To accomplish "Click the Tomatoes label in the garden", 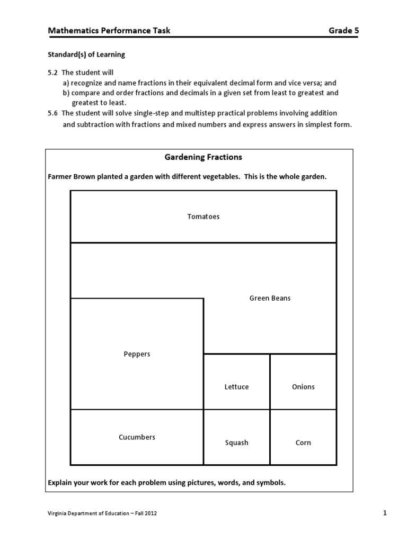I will [x=203, y=216].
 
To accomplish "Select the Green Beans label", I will [x=270, y=298].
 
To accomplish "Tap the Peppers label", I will [x=137, y=354].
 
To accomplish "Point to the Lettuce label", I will [x=236, y=387].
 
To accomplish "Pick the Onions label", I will [x=303, y=387].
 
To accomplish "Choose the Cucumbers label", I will [x=137, y=437].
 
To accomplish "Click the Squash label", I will [x=236, y=443].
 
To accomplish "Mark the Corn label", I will [x=303, y=443].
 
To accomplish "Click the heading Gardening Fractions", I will [x=203, y=157].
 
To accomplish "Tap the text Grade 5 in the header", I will [x=343, y=31].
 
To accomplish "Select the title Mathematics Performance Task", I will [x=109, y=31].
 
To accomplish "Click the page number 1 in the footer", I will [x=385, y=513].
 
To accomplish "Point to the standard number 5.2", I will [x=53, y=73].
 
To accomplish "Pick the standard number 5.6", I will [x=53, y=113].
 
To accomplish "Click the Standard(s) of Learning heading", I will [x=86, y=55].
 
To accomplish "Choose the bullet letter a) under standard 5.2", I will [x=66, y=83].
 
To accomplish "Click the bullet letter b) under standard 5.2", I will [x=66, y=93].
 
